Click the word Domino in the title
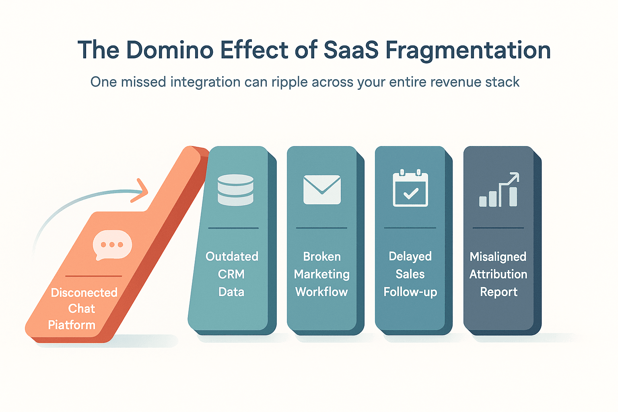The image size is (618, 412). pos(170,50)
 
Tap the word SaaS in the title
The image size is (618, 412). pos(351,50)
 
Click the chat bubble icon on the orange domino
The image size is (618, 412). pos(112,245)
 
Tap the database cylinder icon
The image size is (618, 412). pos(235,190)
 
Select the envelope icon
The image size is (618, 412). pos(322,190)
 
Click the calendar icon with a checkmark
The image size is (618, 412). pos(410,188)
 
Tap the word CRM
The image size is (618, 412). pos(231,274)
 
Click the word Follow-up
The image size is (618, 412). pos(410,292)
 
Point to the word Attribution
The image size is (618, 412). pos(498,274)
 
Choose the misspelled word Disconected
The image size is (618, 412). pos(84,293)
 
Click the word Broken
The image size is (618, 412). pos(322,257)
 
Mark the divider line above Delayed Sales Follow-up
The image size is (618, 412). pos(410,228)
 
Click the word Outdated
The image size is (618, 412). pos(232,256)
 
